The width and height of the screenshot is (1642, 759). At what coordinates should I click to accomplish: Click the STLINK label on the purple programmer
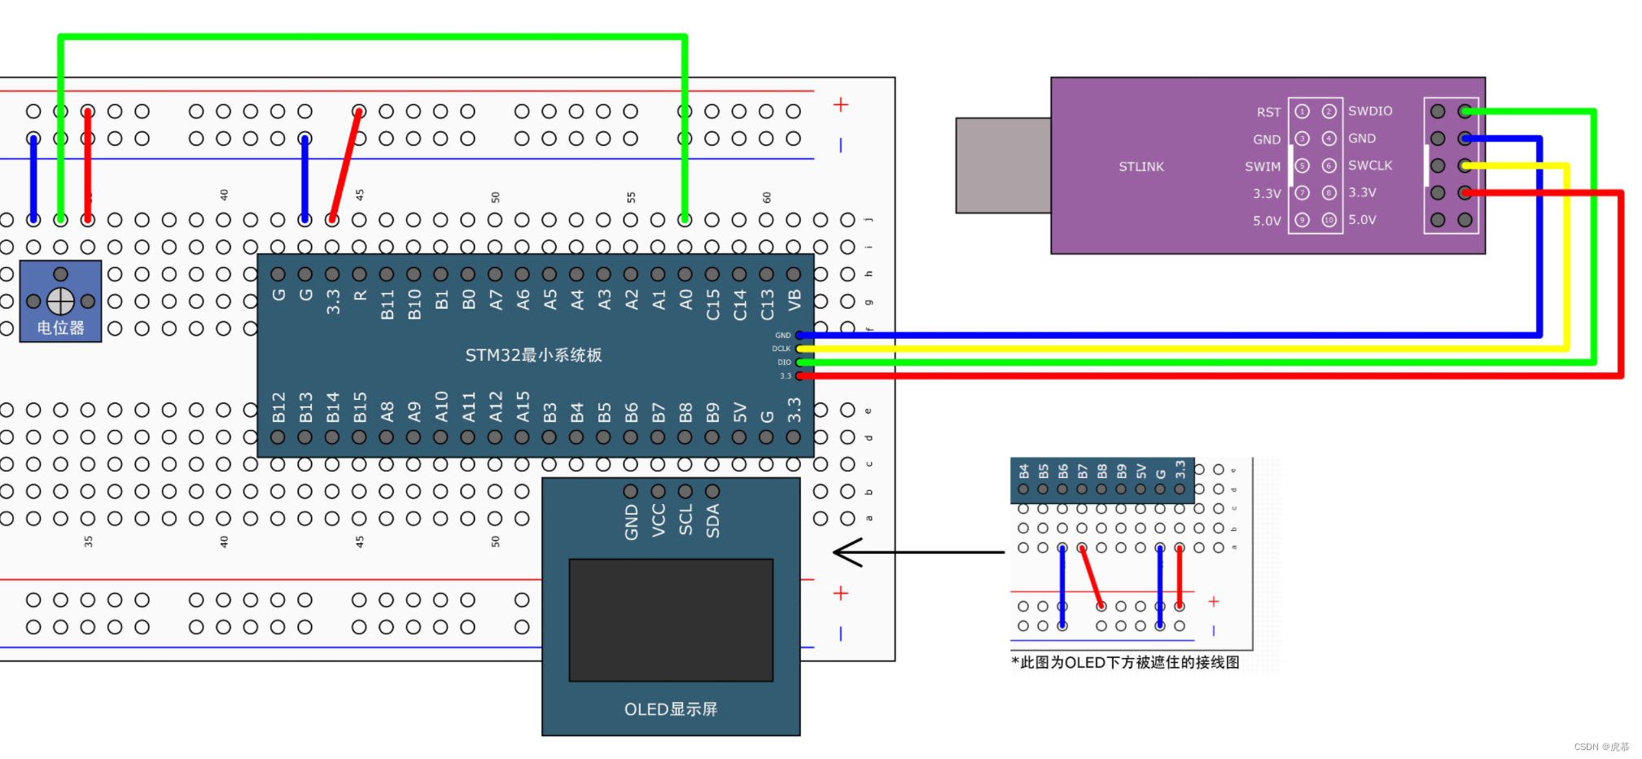point(1141,167)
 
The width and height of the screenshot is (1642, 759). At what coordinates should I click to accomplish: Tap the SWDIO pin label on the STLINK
point(1369,111)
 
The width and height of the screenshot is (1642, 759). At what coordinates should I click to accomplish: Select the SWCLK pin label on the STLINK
point(1369,165)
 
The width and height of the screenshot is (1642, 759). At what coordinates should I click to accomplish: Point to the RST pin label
point(1268,112)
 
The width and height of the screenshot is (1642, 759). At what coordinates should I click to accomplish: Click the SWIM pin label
point(1262,167)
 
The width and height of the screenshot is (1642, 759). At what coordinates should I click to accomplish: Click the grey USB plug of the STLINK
point(1003,165)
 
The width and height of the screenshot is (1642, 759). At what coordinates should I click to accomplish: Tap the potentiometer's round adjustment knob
point(60,301)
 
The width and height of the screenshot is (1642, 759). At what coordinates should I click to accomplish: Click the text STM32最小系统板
point(533,355)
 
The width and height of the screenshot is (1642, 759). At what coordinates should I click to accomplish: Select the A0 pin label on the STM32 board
point(685,301)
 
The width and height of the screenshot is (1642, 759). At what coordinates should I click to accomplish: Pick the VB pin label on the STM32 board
point(795,301)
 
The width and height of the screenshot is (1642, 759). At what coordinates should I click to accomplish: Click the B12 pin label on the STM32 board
point(278,407)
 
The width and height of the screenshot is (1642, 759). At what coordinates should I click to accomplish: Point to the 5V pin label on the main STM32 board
point(739,412)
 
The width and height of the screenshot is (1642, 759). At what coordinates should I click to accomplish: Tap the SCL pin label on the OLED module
point(685,520)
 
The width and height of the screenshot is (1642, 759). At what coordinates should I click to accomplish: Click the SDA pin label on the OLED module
point(712,520)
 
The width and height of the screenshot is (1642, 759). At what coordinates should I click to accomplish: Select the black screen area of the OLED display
point(670,620)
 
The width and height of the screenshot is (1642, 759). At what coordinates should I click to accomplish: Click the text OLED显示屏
point(670,709)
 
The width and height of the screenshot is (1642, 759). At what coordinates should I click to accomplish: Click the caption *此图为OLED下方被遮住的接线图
point(1125,662)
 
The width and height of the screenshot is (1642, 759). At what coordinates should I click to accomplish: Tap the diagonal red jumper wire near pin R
point(345,165)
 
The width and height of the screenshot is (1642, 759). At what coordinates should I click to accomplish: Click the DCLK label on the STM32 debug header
point(781,349)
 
